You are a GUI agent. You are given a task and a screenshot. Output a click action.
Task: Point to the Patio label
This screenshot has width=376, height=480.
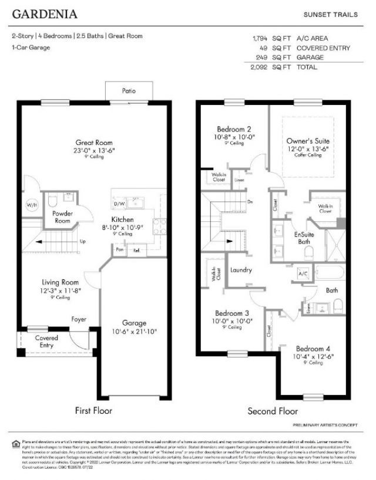click(129, 92)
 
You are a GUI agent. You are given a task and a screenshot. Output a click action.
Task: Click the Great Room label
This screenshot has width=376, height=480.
click(93, 142)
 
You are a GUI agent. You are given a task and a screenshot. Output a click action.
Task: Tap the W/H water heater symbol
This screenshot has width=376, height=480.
click(31, 205)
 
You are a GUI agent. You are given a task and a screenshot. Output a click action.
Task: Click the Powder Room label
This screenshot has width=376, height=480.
click(62, 217)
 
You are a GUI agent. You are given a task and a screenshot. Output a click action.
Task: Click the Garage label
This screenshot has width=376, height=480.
click(134, 323)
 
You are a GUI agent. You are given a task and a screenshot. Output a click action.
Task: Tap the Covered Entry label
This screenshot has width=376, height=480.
click(46, 342)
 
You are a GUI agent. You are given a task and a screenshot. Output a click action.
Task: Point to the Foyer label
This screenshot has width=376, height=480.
click(79, 320)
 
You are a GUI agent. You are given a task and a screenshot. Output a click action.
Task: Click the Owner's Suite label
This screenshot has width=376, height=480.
click(308, 141)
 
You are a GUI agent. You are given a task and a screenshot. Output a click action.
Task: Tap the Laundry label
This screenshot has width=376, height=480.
click(241, 271)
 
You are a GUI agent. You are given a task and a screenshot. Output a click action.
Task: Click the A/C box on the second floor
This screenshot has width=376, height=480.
click(303, 274)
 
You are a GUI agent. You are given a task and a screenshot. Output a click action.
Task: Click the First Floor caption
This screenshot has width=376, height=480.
click(93, 411)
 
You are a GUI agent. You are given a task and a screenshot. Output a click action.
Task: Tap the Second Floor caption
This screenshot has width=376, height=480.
click(272, 411)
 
